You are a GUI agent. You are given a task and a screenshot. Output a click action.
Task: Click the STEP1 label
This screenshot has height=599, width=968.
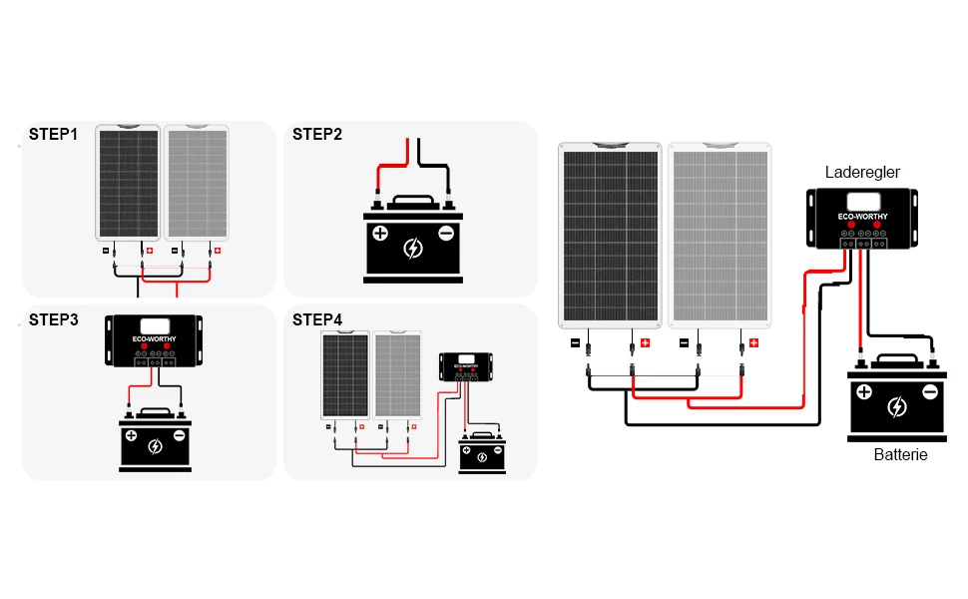tap(53, 134)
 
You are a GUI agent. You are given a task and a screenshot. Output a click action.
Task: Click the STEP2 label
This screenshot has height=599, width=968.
tap(317, 134)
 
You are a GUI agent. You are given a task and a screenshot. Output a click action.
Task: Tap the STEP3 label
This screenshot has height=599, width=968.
tap(53, 320)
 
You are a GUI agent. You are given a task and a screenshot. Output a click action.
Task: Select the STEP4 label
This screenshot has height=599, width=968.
tap(317, 320)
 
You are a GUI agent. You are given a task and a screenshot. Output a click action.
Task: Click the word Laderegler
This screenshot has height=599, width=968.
tap(862, 173)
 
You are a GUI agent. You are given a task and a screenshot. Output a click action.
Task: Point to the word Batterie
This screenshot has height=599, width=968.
tap(900, 454)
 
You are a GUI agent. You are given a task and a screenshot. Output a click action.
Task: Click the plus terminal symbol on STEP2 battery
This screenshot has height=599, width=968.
tap(379, 235)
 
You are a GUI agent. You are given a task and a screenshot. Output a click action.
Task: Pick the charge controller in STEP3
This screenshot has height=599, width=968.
tap(155, 338)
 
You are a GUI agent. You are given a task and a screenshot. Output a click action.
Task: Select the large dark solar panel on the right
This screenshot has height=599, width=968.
tap(610, 235)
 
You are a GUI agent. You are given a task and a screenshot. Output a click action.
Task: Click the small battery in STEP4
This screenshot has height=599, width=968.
tap(482, 453)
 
